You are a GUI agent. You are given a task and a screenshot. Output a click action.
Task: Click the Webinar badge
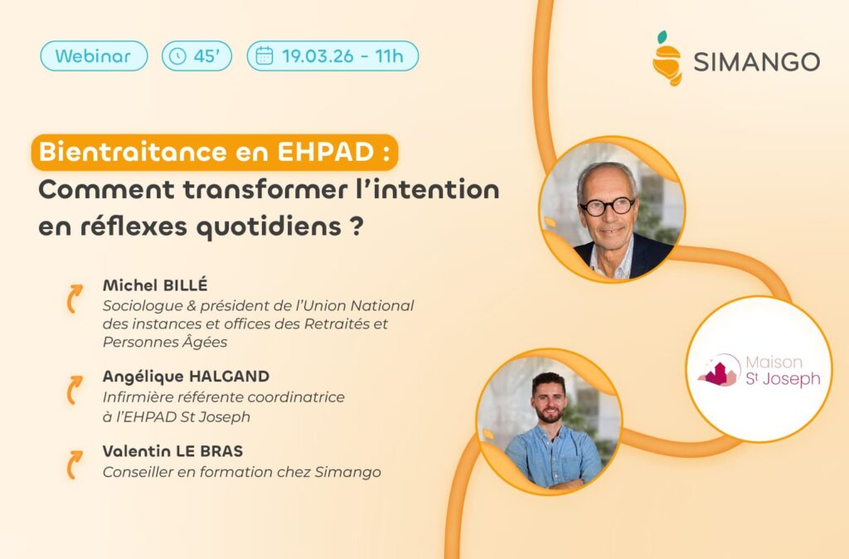pyautogui.click(x=94, y=56)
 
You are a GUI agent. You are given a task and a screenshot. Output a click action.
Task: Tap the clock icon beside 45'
pyautogui.click(x=177, y=56)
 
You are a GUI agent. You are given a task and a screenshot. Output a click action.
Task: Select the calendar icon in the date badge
pyautogui.click(x=264, y=56)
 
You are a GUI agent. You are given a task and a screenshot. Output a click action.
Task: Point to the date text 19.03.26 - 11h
pyautogui.click(x=342, y=56)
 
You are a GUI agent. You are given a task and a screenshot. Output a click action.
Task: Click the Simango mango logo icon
pyautogui.click(x=667, y=59)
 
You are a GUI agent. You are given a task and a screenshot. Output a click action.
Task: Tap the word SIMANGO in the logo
pyautogui.click(x=756, y=61)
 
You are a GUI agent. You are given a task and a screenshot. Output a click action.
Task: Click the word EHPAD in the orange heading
pyautogui.click(x=325, y=153)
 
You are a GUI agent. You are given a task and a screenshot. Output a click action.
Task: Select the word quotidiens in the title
pyautogui.click(x=269, y=227)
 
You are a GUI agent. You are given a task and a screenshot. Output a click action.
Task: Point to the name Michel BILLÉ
pyautogui.click(x=155, y=285)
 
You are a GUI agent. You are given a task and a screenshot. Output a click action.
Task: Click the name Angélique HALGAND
pyautogui.click(x=187, y=377)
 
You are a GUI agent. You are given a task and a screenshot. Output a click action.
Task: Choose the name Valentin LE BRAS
pyautogui.click(x=172, y=450)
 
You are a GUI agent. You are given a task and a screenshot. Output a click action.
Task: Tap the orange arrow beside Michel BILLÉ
pyautogui.click(x=74, y=299)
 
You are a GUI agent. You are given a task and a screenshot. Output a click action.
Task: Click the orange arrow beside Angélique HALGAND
pyautogui.click(x=74, y=390)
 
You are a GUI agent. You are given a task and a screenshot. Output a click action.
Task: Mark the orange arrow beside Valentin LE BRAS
pyautogui.click(x=74, y=464)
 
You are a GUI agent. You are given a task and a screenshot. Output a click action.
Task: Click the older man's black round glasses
pyautogui.click(x=607, y=207)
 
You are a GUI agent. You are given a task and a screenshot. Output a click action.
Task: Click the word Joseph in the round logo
pyautogui.click(x=791, y=379)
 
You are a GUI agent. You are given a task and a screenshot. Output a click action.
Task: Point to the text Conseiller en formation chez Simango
pyautogui.click(x=242, y=473)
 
